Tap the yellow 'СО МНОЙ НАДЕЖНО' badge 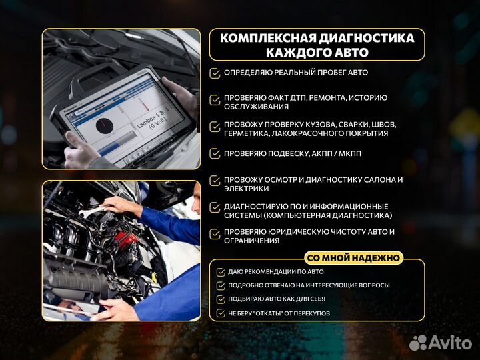click(x=354, y=258)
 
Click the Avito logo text click(x=450, y=342)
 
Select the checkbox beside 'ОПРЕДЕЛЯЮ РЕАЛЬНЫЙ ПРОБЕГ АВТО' click(x=215, y=73)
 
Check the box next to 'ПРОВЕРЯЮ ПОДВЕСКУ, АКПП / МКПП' click(x=215, y=153)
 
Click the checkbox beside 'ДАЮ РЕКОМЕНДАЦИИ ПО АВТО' click(x=221, y=272)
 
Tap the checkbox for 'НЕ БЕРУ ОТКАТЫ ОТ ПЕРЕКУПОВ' click(x=221, y=313)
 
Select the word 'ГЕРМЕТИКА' click(x=247, y=133)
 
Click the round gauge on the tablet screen click(x=106, y=127)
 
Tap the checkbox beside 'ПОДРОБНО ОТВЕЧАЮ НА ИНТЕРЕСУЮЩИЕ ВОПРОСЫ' click(x=221, y=285)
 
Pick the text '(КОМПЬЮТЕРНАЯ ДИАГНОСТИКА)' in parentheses click(x=337, y=215)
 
